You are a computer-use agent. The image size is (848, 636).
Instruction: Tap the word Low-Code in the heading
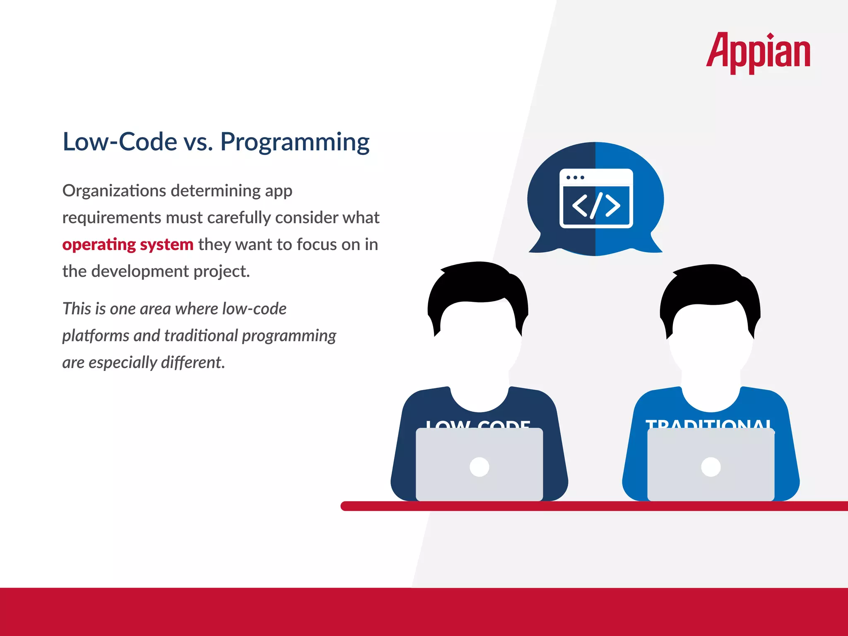point(120,142)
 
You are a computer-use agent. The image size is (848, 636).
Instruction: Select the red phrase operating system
point(128,244)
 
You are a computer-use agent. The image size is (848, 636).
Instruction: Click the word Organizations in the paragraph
point(114,191)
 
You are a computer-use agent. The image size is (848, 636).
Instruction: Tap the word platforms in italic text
point(95,335)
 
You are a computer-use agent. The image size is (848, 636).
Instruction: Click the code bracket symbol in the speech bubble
point(596,205)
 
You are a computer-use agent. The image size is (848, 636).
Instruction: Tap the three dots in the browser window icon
point(575,178)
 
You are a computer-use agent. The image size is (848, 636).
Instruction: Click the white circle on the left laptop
point(479,467)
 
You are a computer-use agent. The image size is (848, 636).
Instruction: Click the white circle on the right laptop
point(711,467)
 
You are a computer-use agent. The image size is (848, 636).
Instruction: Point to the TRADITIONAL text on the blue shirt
point(708,424)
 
